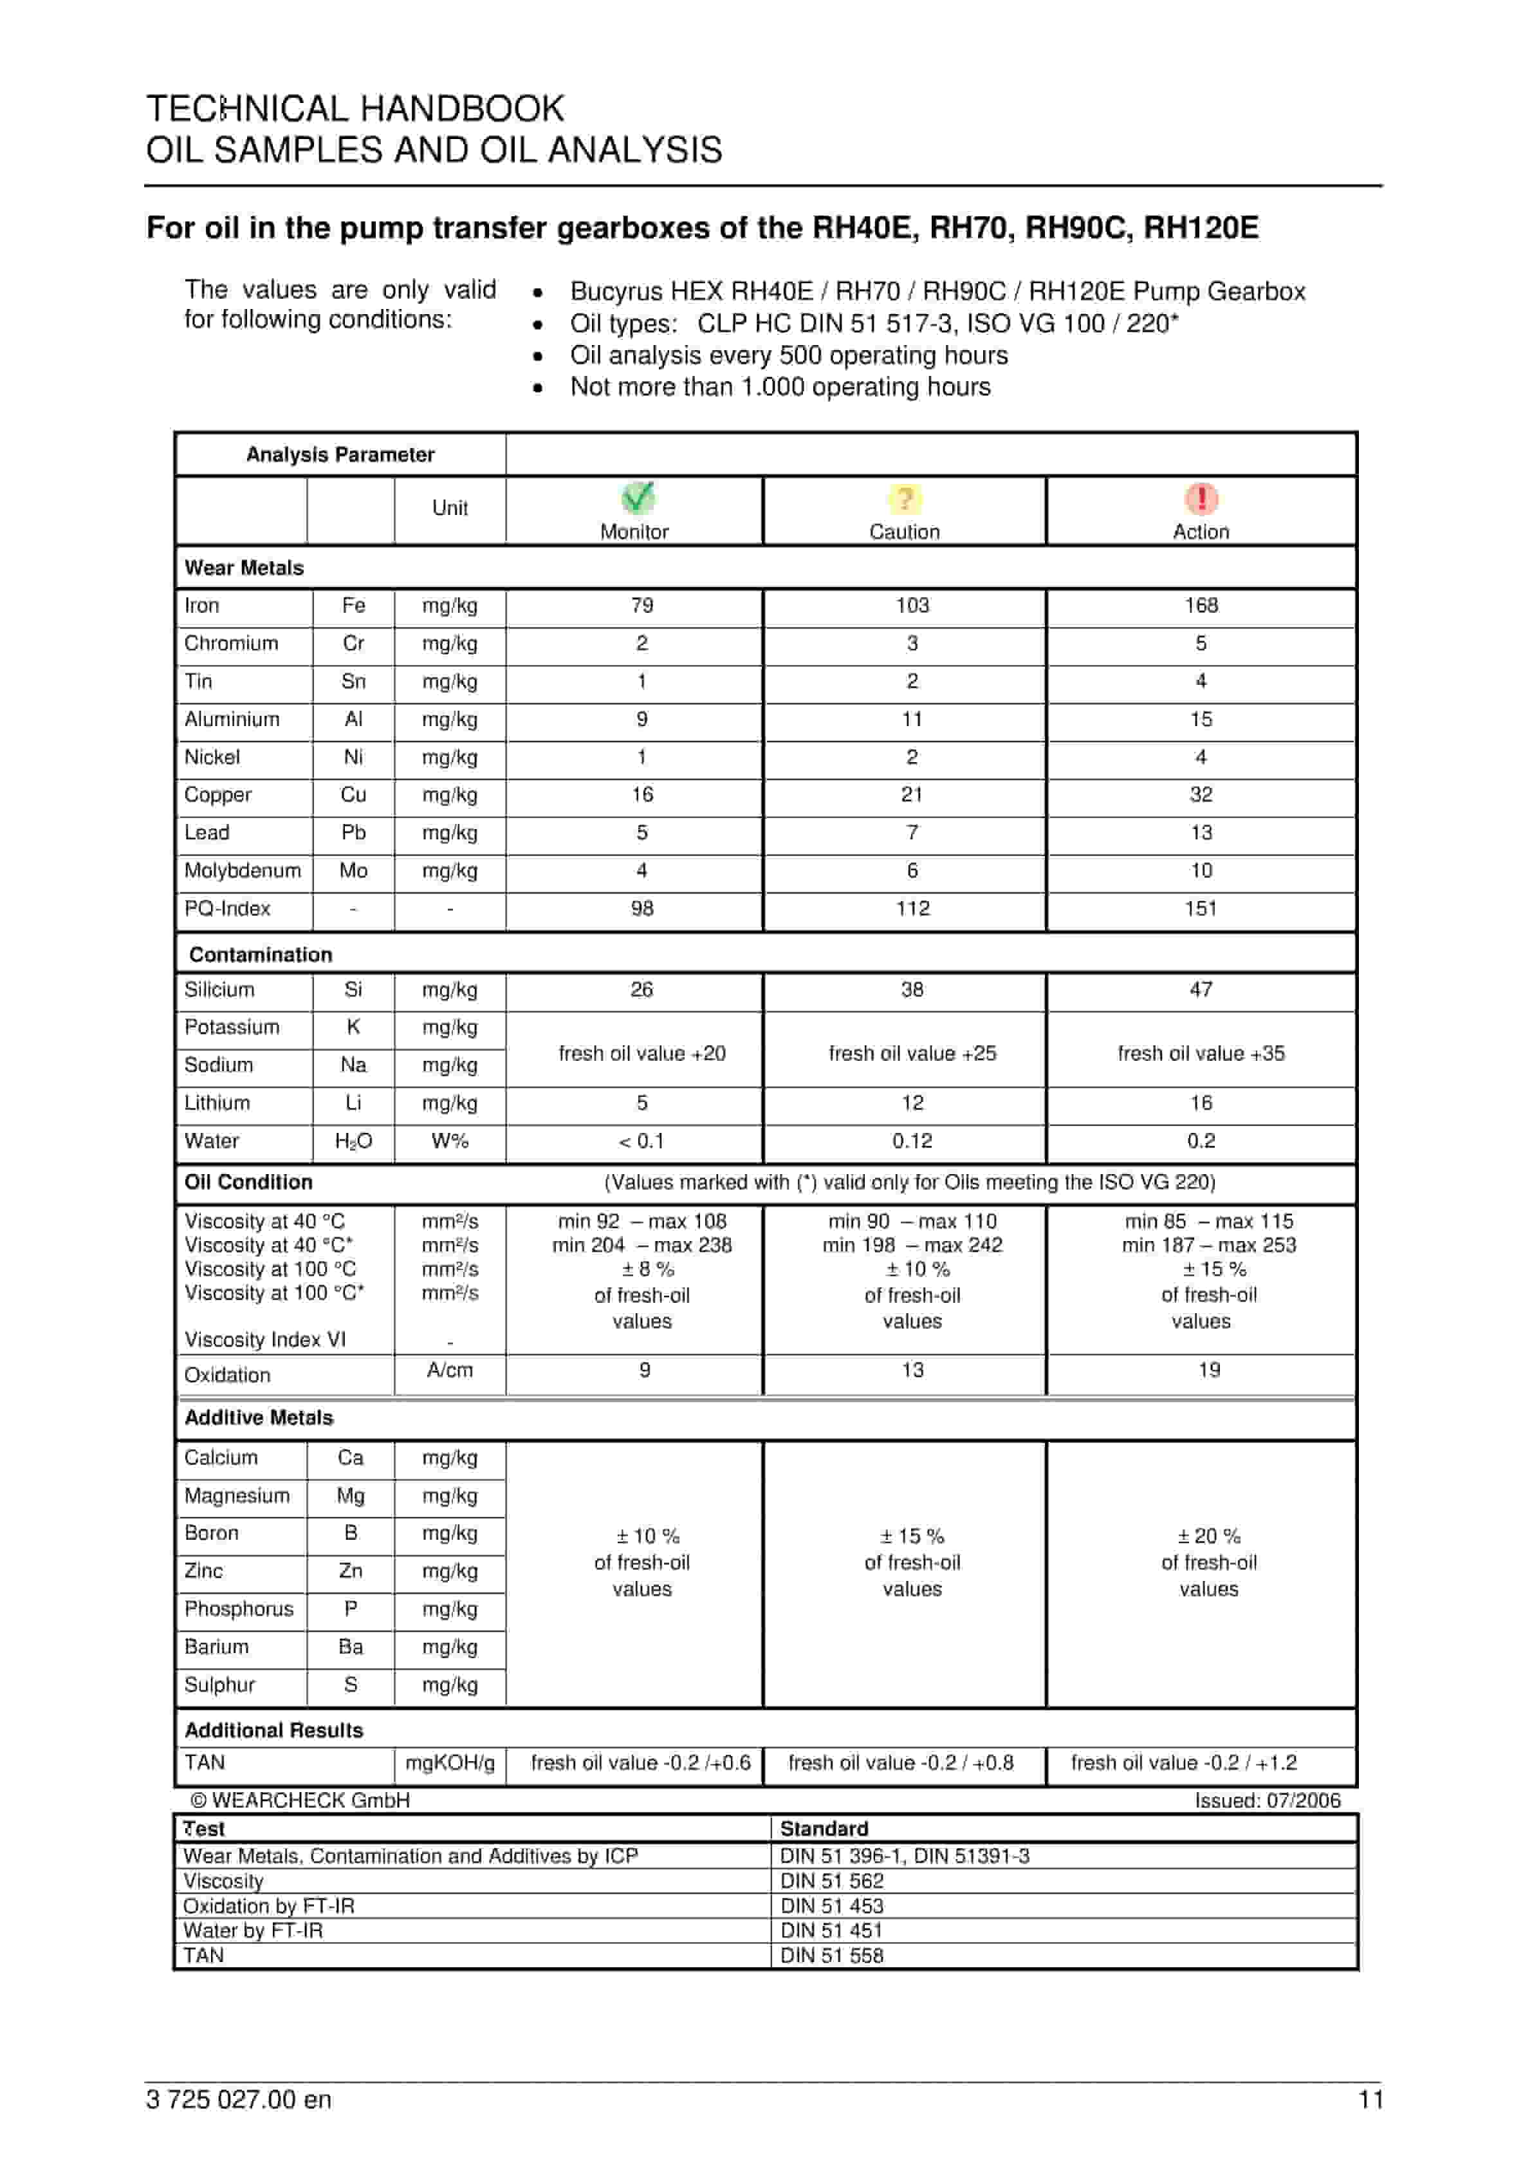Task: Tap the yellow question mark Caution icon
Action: click(x=904, y=499)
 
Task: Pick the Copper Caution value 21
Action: click(x=912, y=794)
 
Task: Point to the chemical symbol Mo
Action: click(x=353, y=870)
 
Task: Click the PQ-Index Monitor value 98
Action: click(x=642, y=908)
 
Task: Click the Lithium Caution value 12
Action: click(x=912, y=1102)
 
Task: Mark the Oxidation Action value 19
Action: click(x=1208, y=1369)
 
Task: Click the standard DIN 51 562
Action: click(x=831, y=1880)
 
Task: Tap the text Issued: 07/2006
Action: click(x=1267, y=1800)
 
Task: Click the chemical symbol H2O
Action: click(x=353, y=1141)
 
